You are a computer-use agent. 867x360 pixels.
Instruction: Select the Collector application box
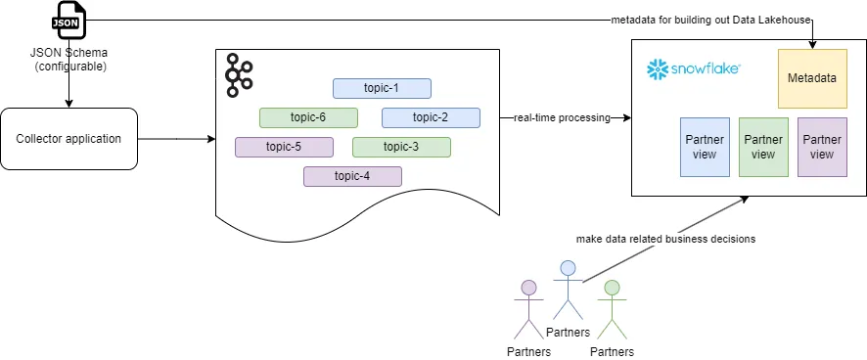[x=68, y=139]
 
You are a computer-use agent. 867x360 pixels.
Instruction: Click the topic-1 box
[x=382, y=88]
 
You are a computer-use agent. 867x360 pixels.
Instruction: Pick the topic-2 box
[x=431, y=117]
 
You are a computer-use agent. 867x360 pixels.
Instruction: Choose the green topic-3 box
[x=401, y=147]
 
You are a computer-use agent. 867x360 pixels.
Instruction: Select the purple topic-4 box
[x=352, y=176]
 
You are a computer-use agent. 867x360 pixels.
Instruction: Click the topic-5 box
[x=284, y=147]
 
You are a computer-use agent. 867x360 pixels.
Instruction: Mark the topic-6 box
[x=308, y=117]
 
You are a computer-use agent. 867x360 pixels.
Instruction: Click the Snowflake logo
[x=693, y=69]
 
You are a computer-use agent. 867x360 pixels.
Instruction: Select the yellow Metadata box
[x=812, y=78]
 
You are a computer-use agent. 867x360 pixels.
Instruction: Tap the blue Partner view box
[x=705, y=147]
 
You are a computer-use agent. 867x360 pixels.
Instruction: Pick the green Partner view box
[x=763, y=147]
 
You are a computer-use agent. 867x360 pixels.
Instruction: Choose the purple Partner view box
[x=822, y=147]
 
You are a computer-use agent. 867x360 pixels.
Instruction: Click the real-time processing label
[x=561, y=118]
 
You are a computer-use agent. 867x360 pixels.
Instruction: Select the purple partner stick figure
[x=528, y=308]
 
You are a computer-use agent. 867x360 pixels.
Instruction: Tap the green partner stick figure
[x=612, y=308]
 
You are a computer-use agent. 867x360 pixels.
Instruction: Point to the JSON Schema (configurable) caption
[x=68, y=60]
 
